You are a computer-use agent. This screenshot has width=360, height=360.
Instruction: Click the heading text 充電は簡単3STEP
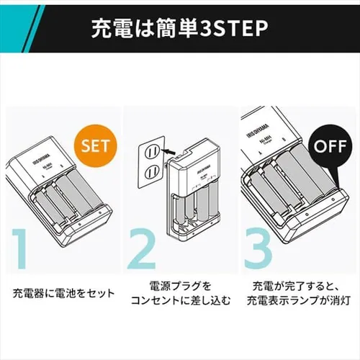tap(179, 30)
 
